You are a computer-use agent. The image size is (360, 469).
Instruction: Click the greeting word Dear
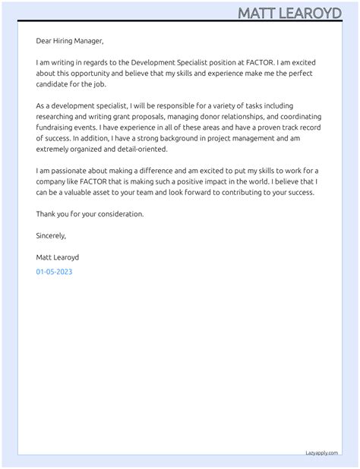(44, 41)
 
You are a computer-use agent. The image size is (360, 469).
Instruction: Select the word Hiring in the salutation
(67, 41)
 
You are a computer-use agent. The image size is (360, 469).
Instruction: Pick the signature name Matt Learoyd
(57, 257)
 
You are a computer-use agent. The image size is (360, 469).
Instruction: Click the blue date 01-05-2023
(54, 272)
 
